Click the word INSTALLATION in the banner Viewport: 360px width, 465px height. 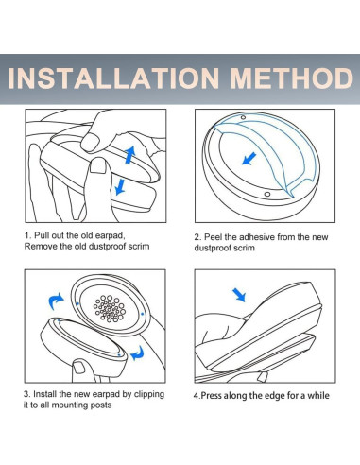pyautogui.click(x=113, y=77)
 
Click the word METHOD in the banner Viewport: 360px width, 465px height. pyautogui.click(x=292, y=77)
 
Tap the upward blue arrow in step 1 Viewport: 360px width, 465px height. pyautogui.click(x=129, y=154)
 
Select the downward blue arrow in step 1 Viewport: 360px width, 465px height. pyautogui.click(x=120, y=187)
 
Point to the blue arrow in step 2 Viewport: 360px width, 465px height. pyautogui.click(x=249, y=159)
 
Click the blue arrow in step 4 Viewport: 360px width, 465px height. pyautogui.click(x=239, y=295)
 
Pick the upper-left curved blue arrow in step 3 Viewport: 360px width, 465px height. pyautogui.click(x=56, y=301)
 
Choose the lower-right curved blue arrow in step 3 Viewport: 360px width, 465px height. pyautogui.click(x=137, y=353)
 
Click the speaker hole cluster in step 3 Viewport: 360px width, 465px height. pyautogui.click(x=110, y=308)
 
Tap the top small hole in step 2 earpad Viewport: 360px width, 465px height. pyautogui.click(x=243, y=117)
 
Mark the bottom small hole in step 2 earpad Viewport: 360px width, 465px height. pyautogui.click(x=267, y=194)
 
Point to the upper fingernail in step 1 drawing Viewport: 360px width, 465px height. pyautogui.click(x=90, y=142)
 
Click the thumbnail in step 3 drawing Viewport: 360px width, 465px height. pyautogui.click(x=78, y=367)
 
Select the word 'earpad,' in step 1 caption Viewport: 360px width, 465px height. pyautogui.click(x=111, y=235)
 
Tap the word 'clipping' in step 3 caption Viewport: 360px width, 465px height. pyautogui.click(x=149, y=394)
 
